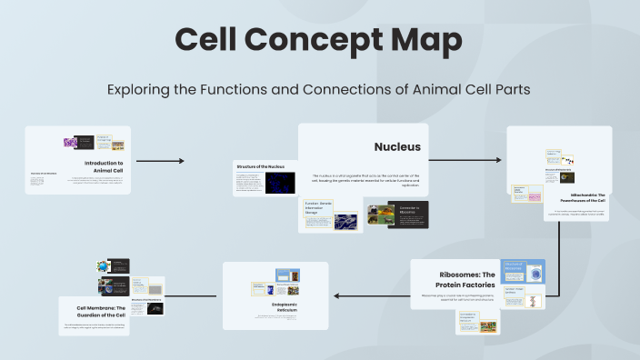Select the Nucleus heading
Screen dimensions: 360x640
coord(397,146)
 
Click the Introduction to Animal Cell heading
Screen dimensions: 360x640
coord(104,166)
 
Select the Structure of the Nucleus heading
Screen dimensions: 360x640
coord(261,167)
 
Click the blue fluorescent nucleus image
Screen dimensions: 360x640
coord(280,183)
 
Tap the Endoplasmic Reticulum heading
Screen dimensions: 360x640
coord(275,306)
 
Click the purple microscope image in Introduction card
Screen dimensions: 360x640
coord(70,143)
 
